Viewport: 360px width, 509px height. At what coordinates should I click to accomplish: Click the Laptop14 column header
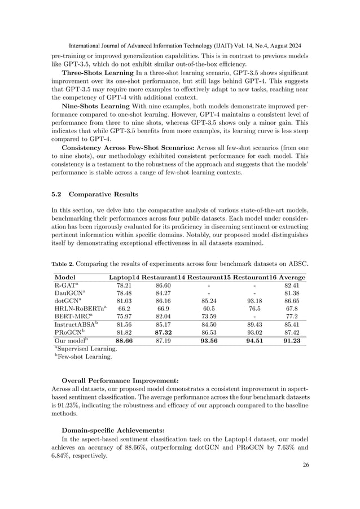click(124, 278)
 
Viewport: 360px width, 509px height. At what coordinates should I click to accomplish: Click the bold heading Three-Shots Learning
click(98, 73)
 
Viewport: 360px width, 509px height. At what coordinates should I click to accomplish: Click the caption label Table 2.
click(63, 263)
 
